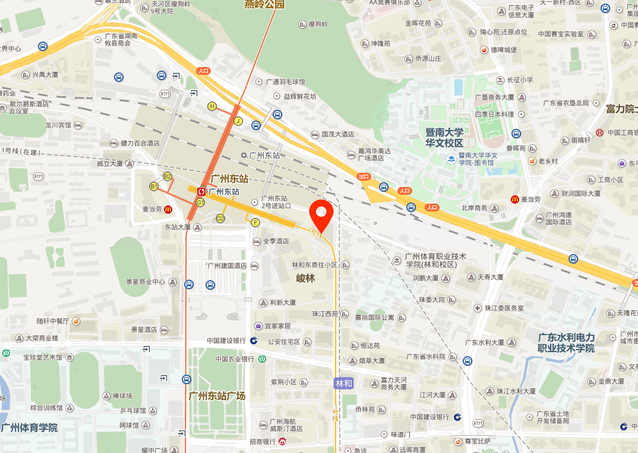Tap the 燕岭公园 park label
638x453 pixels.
coord(264,5)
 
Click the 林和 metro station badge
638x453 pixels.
coord(344,384)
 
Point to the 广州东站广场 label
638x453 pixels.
coord(217,396)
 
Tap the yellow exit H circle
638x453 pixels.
coord(211,106)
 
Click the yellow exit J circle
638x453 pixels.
coord(238,121)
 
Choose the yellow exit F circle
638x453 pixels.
coord(255,223)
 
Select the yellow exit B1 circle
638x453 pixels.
coord(154,186)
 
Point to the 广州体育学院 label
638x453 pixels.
coord(29,427)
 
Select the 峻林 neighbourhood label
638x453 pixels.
coord(305,278)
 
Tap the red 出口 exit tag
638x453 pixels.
coord(364,176)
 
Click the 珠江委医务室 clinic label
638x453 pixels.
coord(504,308)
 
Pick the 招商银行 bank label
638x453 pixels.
coord(262,442)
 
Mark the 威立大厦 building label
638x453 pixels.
coord(110,163)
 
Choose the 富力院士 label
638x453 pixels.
coord(621,109)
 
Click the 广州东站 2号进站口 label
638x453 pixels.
coord(276,202)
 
